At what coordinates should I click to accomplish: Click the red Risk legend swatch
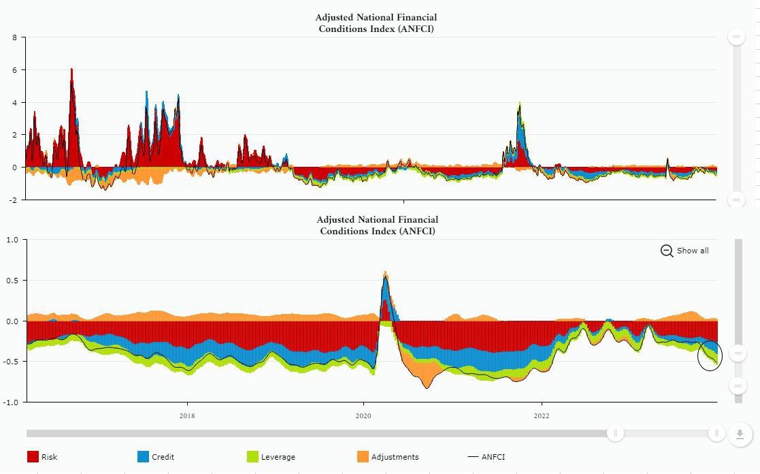(33, 457)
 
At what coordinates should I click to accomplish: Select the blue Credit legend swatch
(143, 457)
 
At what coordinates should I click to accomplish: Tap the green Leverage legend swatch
(252, 457)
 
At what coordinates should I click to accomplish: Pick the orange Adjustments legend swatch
(362, 457)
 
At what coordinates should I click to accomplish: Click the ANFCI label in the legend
(493, 457)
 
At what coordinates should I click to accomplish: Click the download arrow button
(740, 434)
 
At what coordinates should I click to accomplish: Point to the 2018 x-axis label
(187, 415)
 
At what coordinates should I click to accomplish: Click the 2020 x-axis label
(363, 415)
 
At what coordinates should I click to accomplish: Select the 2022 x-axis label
(542, 415)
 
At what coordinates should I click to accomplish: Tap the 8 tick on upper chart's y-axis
(14, 37)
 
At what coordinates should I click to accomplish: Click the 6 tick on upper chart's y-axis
(14, 70)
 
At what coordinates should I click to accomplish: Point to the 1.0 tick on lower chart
(12, 240)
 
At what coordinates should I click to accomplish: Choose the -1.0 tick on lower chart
(11, 402)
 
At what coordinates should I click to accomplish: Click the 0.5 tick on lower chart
(12, 281)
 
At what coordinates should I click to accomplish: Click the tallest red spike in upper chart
(71, 71)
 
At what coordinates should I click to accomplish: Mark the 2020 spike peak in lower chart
(385, 273)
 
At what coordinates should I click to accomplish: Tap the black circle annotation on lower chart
(709, 355)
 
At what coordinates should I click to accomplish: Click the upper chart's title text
(376, 23)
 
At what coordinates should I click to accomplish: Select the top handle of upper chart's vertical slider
(737, 37)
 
